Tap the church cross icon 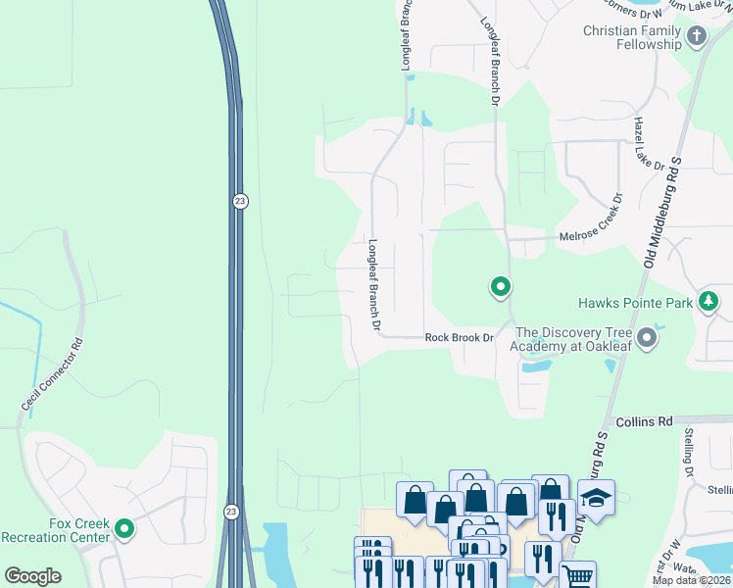tap(697, 37)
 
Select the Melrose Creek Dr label tap(596, 236)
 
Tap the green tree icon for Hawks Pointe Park tap(709, 303)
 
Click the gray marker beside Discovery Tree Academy tap(646, 339)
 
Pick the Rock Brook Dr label tap(458, 338)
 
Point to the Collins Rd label tap(644, 421)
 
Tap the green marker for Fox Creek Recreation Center tap(124, 529)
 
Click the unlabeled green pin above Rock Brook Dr tap(501, 287)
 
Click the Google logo tap(32, 576)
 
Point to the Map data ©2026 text tap(691, 580)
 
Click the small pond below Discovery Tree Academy tap(536, 367)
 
